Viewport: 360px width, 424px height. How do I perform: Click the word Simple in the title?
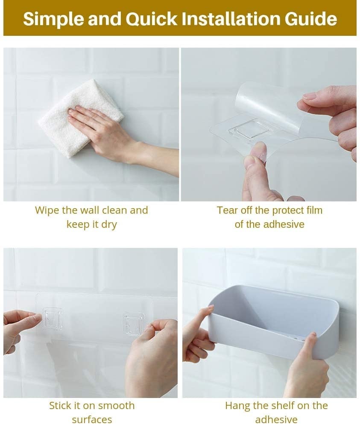click(49, 19)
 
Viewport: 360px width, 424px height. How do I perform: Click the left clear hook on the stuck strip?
click(53, 318)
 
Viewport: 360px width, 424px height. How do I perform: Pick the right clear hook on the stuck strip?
click(133, 323)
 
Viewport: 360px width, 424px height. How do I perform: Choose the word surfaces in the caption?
click(92, 420)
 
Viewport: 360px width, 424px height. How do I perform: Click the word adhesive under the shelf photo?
click(276, 420)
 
